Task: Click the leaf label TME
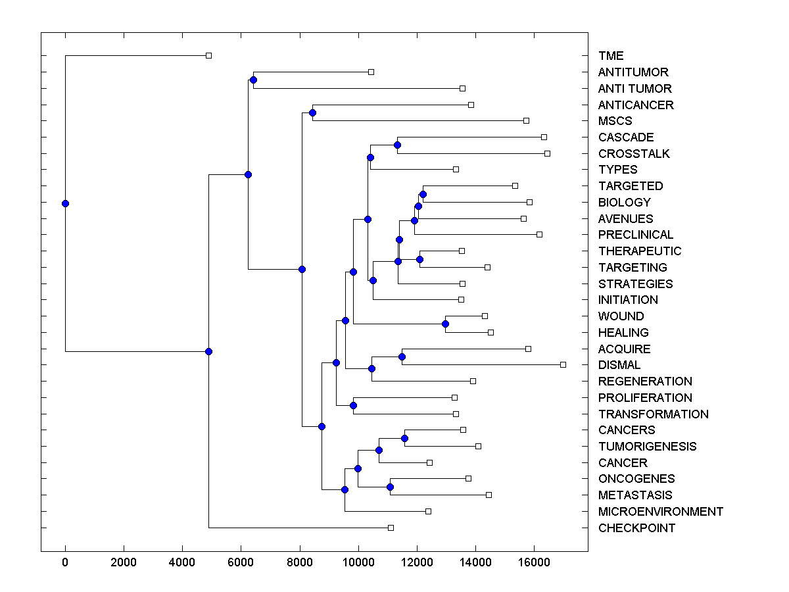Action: pos(611,56)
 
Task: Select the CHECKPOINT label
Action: pos(636,528)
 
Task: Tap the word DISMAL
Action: pos(619,365)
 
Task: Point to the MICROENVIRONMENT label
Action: pos(660,512)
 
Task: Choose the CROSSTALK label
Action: pos(634,154)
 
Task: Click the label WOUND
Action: pos(621,316)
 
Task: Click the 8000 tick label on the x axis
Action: pos(299,562)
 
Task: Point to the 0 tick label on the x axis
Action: pos(65,562)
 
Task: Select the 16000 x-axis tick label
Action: pos(533,562)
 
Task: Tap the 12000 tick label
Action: pos(416,562)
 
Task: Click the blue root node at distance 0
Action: pos(65,203)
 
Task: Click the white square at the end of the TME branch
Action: pos(208,56)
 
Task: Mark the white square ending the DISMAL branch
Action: pos(563,364)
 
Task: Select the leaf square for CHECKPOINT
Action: pos(391,528)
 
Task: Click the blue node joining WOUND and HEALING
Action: pos(445,324)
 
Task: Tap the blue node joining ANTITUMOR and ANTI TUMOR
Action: pos(253,80)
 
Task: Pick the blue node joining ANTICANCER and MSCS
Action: pos(312,112)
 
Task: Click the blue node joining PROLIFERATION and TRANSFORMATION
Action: pos(353,405)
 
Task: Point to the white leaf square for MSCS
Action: pos(526,120)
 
